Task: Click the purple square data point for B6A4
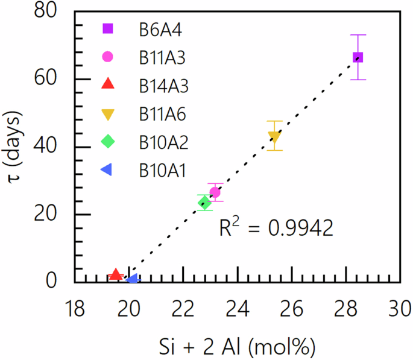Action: pos(358,57)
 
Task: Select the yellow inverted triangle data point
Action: pos(274,136)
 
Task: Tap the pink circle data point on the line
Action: pos(215,192)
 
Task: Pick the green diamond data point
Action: pos(204,203)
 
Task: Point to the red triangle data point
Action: pos(116,274)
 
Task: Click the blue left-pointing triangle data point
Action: pos(132,279)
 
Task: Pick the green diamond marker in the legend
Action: pos(108,143)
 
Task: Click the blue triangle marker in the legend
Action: pos(107,172)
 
